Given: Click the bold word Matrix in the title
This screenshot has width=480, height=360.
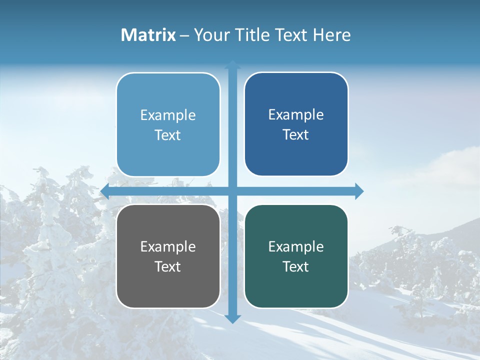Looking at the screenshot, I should tap(148, 35).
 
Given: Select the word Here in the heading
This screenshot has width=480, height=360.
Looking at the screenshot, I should tap(331, 35).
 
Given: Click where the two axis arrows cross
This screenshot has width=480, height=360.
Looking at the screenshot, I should tap(232, 191).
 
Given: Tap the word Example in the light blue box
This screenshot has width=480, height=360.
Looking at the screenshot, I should tap(168, 115).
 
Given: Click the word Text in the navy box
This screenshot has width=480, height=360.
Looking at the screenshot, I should tap(296, 135).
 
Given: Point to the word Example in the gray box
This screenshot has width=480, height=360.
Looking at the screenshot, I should tap(168, 247).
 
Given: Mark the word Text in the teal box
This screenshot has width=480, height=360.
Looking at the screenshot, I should tap(296, 267).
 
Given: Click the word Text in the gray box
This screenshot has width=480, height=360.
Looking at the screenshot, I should tap(168, 267).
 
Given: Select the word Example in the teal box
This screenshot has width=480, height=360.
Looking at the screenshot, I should tap(296, 247).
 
